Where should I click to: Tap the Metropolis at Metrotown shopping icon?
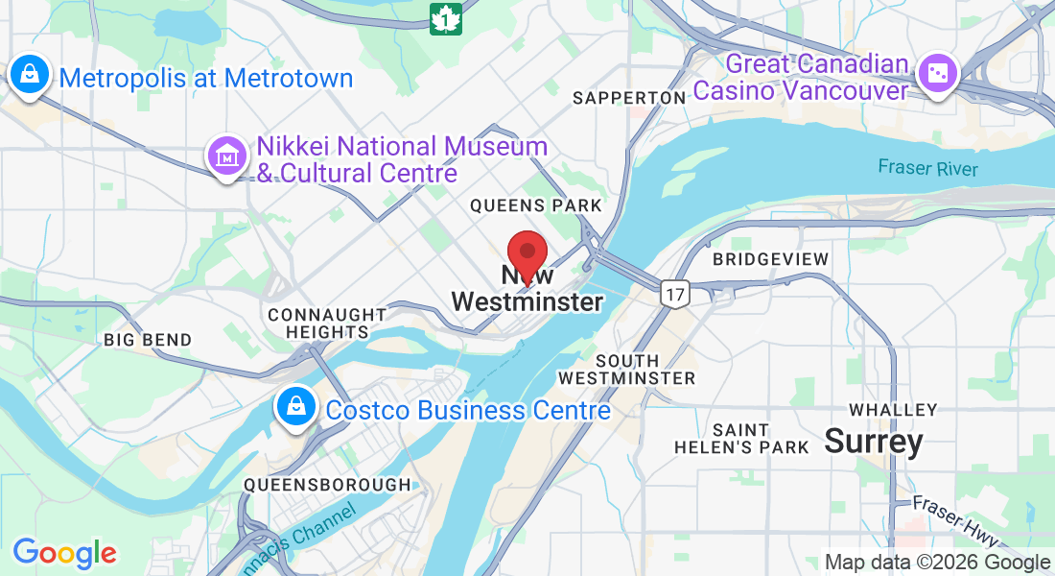point(30,76)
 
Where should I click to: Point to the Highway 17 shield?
point(674,294)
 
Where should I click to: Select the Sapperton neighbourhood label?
point(629,98)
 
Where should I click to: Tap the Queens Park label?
point(536,205)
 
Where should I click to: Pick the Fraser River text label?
point(928,168)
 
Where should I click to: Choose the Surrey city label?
point(874,442)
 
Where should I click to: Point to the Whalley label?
point(893,410)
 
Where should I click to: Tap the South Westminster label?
point(627,370)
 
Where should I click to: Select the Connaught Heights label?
point(327,323)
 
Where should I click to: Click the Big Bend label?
point(148,340)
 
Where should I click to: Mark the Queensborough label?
point(327,485)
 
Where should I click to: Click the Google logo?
point(64,553)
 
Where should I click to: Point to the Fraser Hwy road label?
point(955,516)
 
